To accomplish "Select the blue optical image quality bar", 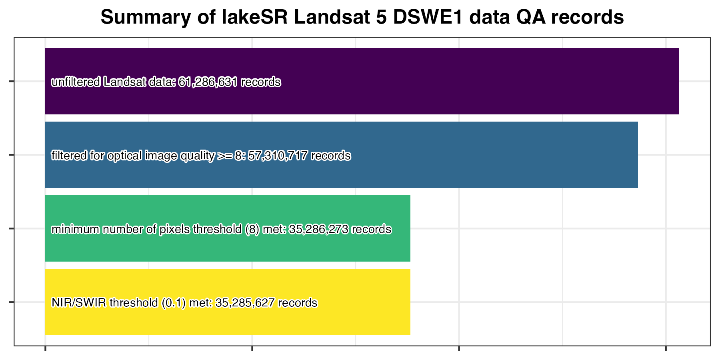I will pyautogui.click(x=480, y=155).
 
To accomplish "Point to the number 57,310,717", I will pyautogui.click(x=278, y=155).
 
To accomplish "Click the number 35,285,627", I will pyautogui.click(x=245, y=303).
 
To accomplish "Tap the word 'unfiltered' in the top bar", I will pyautogui.click(x=76, y=82).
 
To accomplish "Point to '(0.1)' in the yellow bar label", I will pyautogui.click(x=174, y=303).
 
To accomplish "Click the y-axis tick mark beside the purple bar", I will pyautogui.click(x=12, y=82).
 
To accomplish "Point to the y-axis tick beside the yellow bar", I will pyautogui.click(x=12, y=302).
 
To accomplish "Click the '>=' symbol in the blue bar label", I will pyautogui.click(x=224, y=155).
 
